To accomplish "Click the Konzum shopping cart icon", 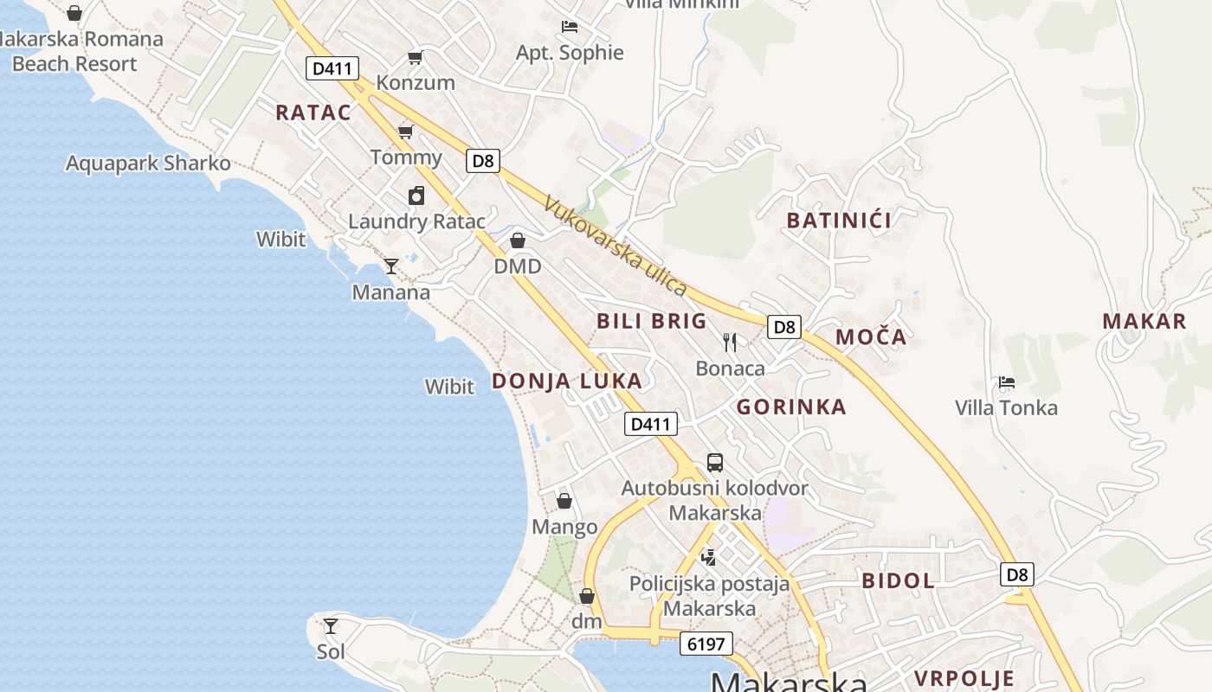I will click(x=416, y=58).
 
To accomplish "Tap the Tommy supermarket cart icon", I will click(x=405, y=131).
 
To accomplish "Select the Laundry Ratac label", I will click(x=416, y=221).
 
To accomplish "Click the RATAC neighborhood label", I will click(x=313, y=112).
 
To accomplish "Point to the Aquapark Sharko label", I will click(x=148, y=163).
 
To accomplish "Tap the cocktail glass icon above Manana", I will click(x=391, y=266).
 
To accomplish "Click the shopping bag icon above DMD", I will click(x=518, y=240).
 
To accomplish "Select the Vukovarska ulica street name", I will click(x=615, y=246).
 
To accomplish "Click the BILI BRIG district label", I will click(x=652, y=321).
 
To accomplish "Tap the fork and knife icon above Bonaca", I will click(x=730, y=343).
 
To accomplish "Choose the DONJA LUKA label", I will click(x=567, y=381).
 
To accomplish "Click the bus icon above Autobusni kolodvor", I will click(x=715, y=462).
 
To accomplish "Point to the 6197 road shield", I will click(x=706, y=644).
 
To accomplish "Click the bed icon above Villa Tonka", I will click(x=1006, y=381).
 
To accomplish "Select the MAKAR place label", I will click(x=1144, y=322).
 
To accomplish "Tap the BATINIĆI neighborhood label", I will click(x=839, y=221).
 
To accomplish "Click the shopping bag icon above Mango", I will click(x=564, y=501).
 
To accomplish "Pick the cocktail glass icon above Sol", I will click(x=330, y=625).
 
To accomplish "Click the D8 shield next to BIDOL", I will click(x=1017, y=574).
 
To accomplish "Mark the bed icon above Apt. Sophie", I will click(x=570, y=27).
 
